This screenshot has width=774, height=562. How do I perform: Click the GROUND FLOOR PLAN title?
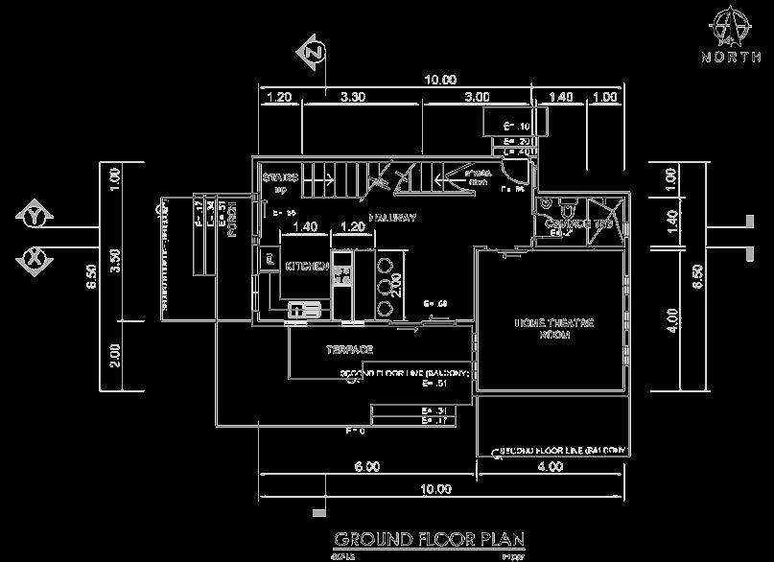pyautogui.click(x=429, y=538)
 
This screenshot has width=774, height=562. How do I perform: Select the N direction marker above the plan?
pyautogui.click(x=313, y=54)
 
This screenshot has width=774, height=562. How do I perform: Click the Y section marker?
pyautogui.click(x=35, y=218)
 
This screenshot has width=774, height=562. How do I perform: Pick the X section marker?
pyautogui.click(x=35, y=258)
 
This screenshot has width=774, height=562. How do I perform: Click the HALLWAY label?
pyautogui.click(x=389, y=218)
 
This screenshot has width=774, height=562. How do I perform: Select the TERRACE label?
pyautogui.click(x=349, y=349)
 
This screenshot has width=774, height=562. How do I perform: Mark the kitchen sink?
pyautogui.click(x=306, y=309)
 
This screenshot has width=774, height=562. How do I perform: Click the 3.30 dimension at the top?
pyautogui.click(x=353, y=97)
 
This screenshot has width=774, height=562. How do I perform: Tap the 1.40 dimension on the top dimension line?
pyautogui.click(x=562, y=97)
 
